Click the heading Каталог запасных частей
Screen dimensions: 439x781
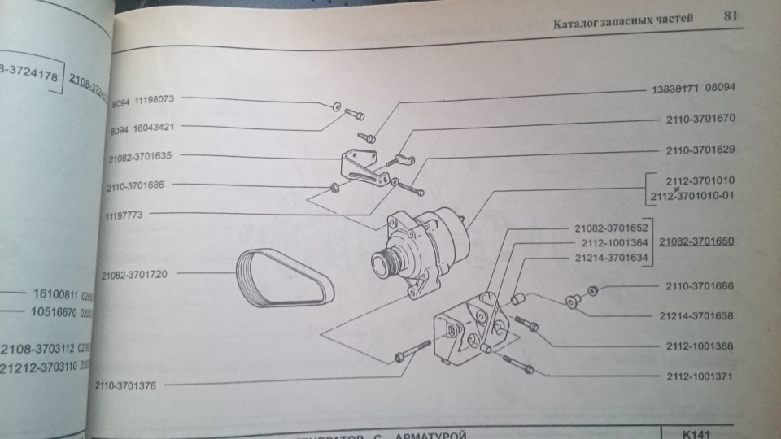tap(623, 22)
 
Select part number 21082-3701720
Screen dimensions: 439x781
tap(135, 274)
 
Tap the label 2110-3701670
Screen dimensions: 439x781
tap(700, 118)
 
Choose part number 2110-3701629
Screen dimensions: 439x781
tap(700, 150)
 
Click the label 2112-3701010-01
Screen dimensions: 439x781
tap(698, 198)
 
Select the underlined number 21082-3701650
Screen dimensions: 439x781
tap(697, 241)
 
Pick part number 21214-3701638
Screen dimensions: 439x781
tap(700, 315)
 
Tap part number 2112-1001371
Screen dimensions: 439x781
tap(699, 378)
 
